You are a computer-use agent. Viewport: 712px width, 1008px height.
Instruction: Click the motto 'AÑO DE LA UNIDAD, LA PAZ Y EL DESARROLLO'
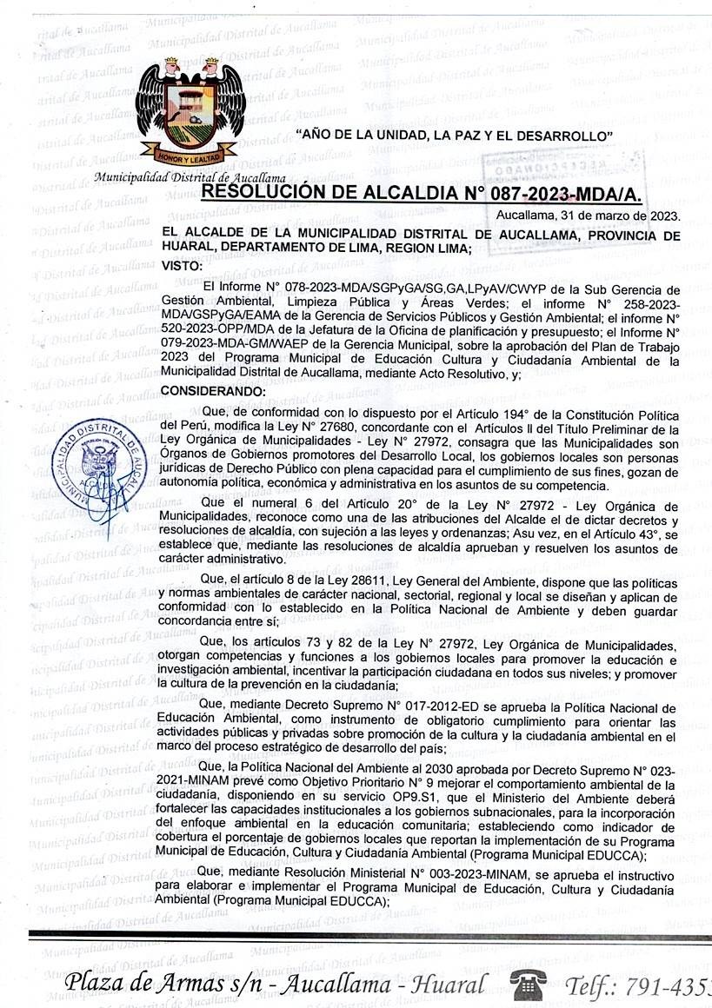[455, 136]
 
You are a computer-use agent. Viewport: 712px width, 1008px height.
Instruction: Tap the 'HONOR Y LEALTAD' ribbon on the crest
[190, 157]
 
